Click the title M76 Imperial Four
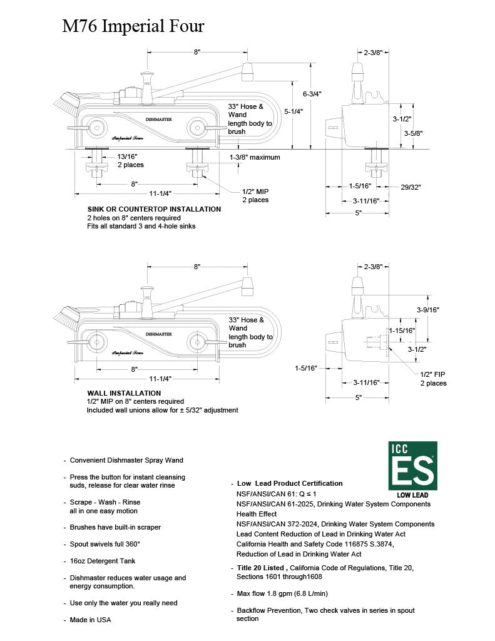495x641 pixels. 133,26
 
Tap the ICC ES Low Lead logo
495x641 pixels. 412,469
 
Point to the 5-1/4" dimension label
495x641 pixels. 293,111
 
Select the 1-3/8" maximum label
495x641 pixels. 255,157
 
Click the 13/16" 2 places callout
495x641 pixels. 130,160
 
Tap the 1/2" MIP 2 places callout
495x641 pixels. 255,196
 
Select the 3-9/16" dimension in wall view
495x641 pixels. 428,309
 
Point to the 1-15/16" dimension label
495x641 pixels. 402,330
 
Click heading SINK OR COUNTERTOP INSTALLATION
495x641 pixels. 154,209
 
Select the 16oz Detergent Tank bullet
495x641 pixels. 102,561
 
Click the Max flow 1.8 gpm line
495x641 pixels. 282,593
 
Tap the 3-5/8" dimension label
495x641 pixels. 414,133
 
